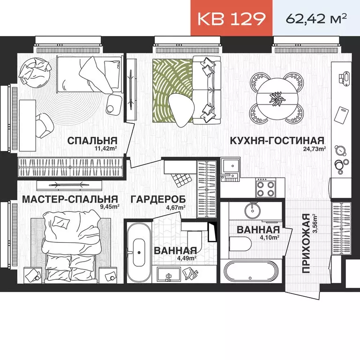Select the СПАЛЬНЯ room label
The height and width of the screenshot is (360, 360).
92,141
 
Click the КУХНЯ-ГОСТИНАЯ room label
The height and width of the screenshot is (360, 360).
277,141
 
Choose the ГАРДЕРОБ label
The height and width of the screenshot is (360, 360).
158,199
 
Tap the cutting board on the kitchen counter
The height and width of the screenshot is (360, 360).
341,114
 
